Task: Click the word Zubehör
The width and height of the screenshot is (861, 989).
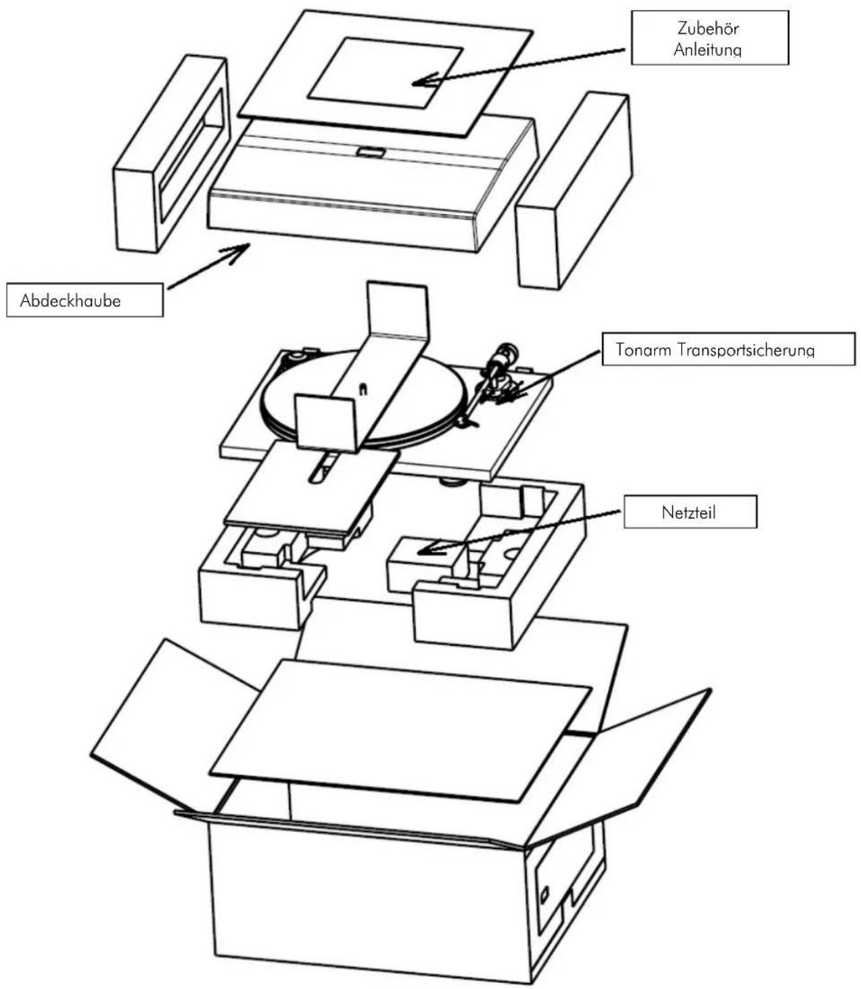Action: pos(708,28)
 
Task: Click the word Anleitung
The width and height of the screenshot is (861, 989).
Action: pos(708,49)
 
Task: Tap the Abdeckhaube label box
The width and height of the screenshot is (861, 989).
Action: pos(85,300)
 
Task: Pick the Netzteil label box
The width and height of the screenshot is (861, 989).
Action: pos(690,512)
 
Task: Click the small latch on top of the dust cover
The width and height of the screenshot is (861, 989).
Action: pos(371,152)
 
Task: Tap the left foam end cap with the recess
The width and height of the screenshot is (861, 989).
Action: pos(170,155)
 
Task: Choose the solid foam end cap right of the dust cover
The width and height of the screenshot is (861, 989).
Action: pos(574,191)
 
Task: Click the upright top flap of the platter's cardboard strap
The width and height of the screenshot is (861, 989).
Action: pos(398,309)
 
